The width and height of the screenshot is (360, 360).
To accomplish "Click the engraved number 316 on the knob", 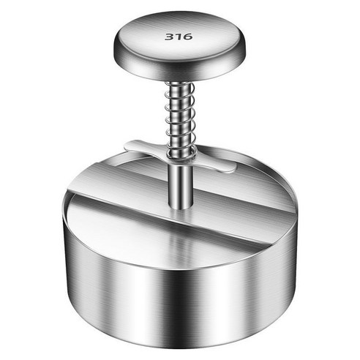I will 175,36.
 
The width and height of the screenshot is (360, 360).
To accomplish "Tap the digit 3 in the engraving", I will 168,36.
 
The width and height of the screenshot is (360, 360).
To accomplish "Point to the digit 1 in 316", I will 175,36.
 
